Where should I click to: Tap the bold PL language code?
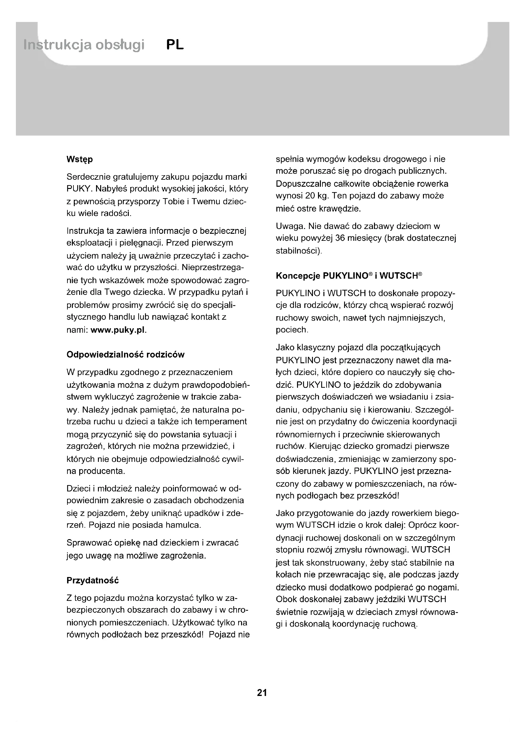click(x=175, y=45)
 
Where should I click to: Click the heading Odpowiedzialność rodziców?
click(x=125, y=354)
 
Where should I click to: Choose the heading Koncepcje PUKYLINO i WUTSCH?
click(x=349, y=276)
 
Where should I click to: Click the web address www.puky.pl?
click(x=119, y=330)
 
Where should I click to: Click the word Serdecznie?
click(x=87, y=177)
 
